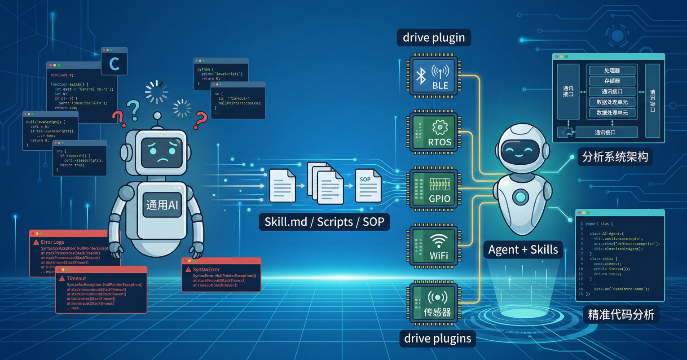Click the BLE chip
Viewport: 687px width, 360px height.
434,76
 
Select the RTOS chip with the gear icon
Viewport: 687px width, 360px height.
434,132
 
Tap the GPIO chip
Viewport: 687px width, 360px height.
434,189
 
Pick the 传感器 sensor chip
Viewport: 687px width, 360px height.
434,302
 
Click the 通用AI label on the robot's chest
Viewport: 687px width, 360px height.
162,205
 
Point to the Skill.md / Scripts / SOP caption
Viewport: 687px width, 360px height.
324,222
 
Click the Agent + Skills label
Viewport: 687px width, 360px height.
523,250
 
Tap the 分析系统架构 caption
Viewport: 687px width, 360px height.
615,157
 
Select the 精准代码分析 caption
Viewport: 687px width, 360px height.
621,314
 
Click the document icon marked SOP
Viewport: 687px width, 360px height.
368,185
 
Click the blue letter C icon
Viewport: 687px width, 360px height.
114,63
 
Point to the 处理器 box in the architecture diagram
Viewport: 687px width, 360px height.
612,70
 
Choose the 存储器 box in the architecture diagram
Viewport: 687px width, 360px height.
612,81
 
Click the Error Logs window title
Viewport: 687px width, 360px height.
53,242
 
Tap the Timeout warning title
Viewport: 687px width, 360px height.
76,278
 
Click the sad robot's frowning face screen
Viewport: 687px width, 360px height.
162,153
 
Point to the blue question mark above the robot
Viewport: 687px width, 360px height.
133,109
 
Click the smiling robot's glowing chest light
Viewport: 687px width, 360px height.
521,197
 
